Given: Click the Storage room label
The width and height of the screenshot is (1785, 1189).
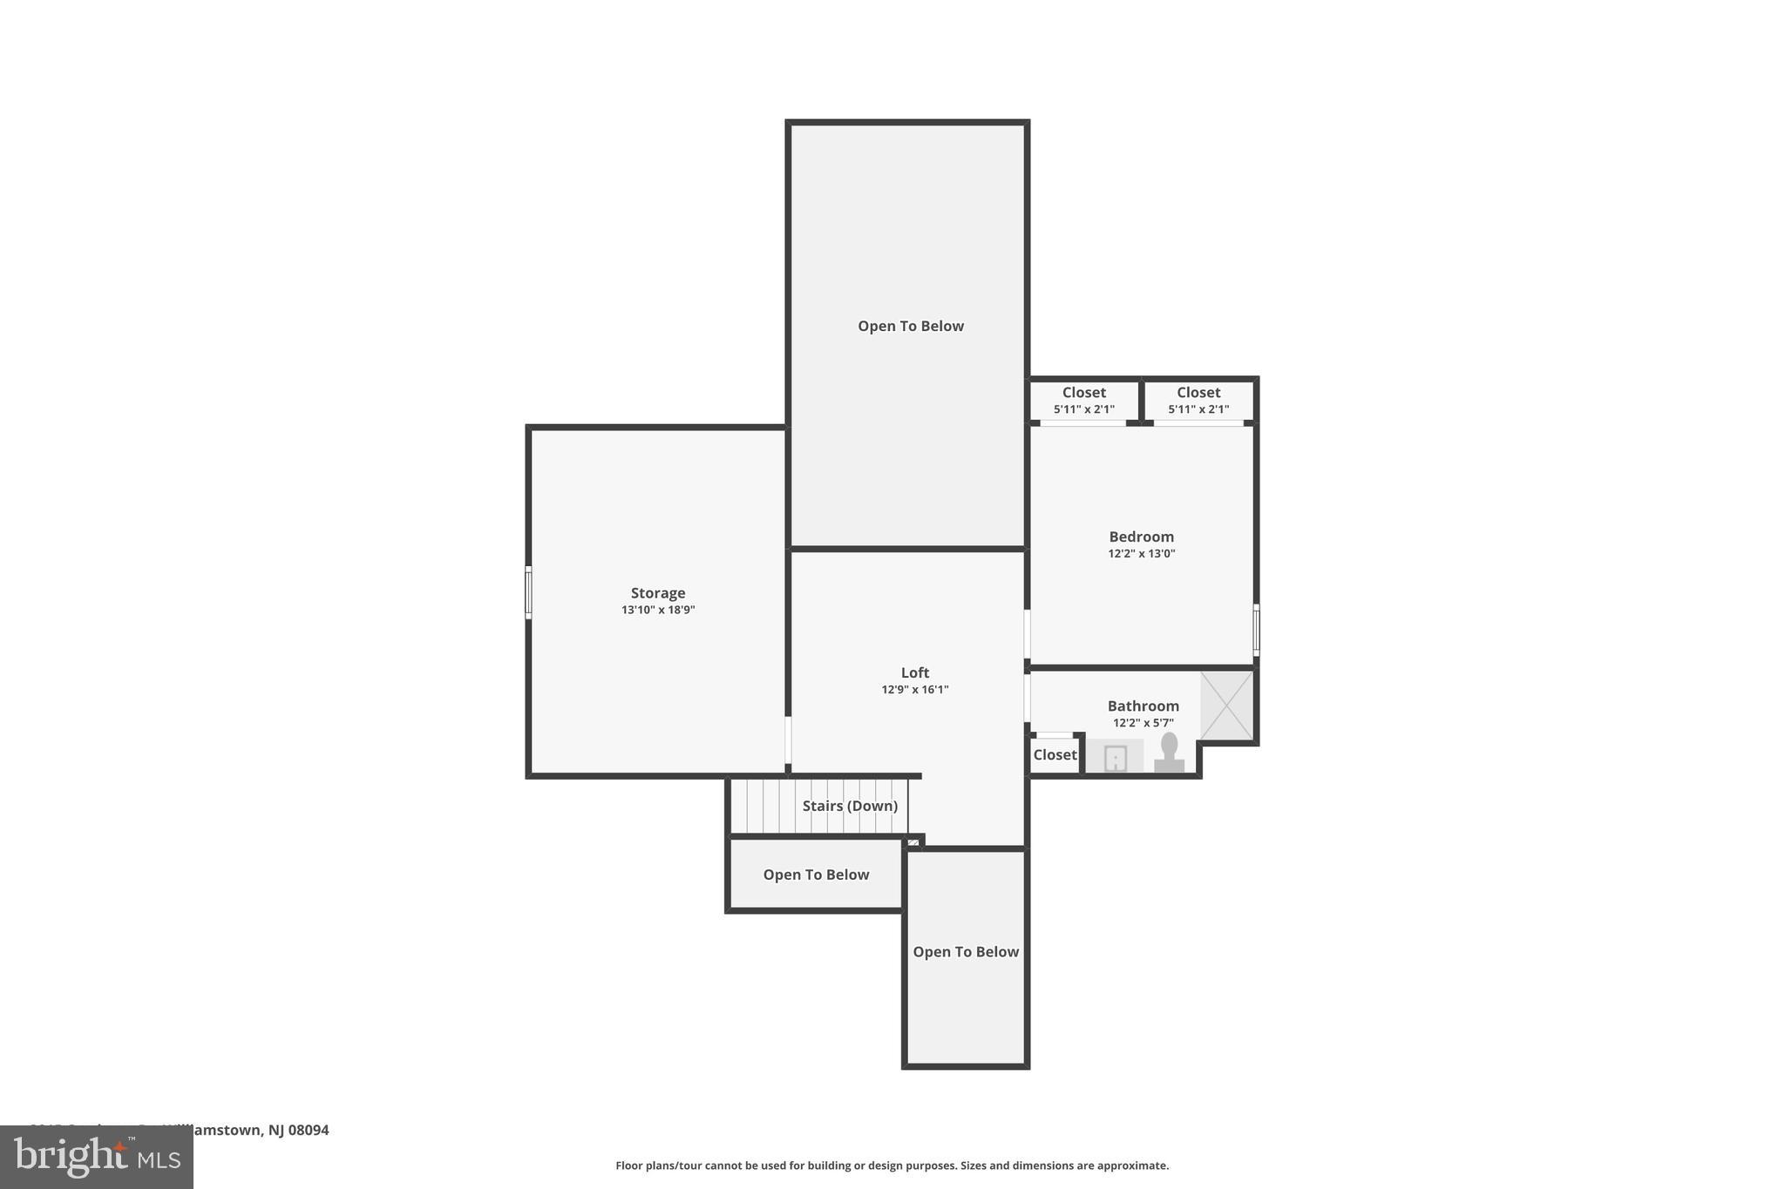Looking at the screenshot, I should click(x=658, y=593).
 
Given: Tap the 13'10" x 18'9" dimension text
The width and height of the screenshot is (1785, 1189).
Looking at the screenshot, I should click(x=658, y=610).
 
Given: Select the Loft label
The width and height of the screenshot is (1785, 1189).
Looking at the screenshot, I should click(x=914, y=672).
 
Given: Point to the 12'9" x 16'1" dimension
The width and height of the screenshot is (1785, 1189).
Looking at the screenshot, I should click(x=914, y=689).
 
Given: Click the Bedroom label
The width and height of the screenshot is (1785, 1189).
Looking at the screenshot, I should click(x=1141, y=537).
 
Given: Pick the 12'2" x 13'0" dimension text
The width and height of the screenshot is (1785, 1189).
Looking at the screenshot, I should click(x=1141, y=553).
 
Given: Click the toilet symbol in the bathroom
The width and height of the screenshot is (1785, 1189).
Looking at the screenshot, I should click(x=1169, y=753).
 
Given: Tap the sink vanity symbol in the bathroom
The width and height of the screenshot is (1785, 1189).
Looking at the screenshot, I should click(x=1115, y=757).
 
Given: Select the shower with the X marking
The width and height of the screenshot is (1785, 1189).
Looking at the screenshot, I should click(x=1226, y=705).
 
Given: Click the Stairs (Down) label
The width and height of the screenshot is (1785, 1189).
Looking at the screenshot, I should click(x=850, y=806).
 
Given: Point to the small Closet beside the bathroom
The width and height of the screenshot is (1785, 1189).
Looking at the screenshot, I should click(x=1055, y=754).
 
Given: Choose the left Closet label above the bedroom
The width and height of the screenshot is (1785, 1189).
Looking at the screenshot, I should click(x=1083, y=393).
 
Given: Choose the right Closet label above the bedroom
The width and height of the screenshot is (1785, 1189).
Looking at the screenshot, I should click(x=1198, y=393).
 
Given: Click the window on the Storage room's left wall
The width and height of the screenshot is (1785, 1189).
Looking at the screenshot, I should click(x=528, y=592).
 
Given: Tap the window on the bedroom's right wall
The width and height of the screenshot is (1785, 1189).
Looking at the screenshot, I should click(x=1256, y=629).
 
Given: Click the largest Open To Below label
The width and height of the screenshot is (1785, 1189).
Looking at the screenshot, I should click(x=910, y=326).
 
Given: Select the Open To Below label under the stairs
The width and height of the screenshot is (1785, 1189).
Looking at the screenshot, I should click(x=816, y=875).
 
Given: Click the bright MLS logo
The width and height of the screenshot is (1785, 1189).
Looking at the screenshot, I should click(x=97, y=1157).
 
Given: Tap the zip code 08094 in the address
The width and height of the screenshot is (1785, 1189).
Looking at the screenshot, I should click(x=309, y=1130).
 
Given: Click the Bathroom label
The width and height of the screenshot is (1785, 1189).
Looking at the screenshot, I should click(x=1143, y=706).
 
